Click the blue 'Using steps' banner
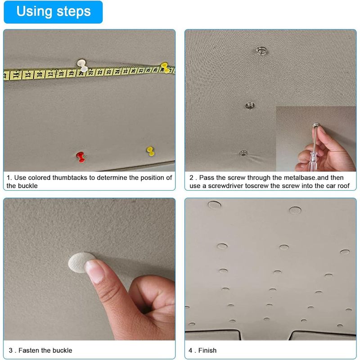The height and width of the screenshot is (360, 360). (53, 12)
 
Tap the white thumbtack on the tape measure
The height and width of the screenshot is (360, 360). (82, 65)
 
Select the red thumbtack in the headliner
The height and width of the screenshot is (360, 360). (81, 157)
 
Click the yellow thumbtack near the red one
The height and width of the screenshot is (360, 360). (150, 151)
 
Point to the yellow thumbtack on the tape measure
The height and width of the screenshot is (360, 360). (164, 67)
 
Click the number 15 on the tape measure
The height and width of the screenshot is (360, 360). (27, 75)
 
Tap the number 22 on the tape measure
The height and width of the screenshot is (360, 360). (100, 72)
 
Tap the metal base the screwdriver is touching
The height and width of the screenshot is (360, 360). (316, 125)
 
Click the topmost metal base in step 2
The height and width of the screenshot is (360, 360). (261, 50)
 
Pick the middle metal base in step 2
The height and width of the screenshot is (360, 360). (250, 106)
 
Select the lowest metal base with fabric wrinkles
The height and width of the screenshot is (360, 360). (243, 153)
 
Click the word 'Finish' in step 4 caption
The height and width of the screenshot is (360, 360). (207, 351)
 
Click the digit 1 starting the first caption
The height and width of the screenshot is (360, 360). (9, 178)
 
